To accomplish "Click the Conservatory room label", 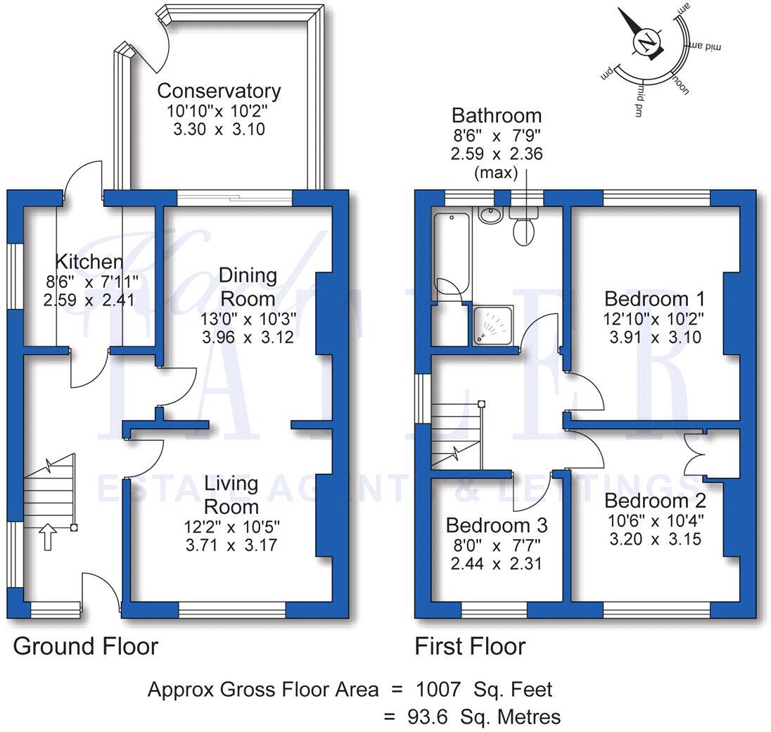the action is pyautogui.click(x=219, y=91).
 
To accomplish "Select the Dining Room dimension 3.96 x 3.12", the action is pyautogui.click(x=247, y=337).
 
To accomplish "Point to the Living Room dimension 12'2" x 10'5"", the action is pyautogui.click(x=231, y=526).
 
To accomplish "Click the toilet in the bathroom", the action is pyautogui.click(x=523, y=229).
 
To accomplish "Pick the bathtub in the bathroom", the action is pyautogui.click(x=450, y=253).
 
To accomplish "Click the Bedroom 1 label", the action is pyautogui.click(x=654, y=298).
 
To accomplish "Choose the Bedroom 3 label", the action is pyautogui.click(x=497, y=526).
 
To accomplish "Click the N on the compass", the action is pyautogui.click(x=646, y=43).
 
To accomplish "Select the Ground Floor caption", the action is pyautogui.click(x=86, y=646).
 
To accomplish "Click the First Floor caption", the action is pyautogui.click(x=470, y=646).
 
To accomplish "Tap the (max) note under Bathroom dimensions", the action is pyautogui.click(x=497, y=172).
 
